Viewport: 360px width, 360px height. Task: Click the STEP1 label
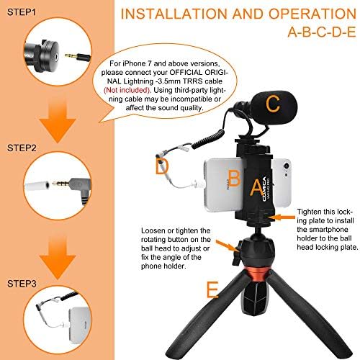click(x=22, y=12)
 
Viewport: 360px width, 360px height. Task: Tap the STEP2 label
click(x=22, y=148)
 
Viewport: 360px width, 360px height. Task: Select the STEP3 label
click(x=22, y=284)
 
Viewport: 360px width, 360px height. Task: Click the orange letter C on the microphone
click(x=273, y=104)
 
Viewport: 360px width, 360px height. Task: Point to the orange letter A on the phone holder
click(x=257, y=187)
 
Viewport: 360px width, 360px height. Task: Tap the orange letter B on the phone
click(x=235, y=178)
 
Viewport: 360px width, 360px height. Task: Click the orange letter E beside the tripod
click(x=212, y=289)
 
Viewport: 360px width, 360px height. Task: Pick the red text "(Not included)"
click(x=127, y=90)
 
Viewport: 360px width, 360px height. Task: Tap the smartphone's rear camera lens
click(x=286, y=166)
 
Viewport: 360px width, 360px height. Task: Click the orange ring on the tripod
click(x=258, y=274)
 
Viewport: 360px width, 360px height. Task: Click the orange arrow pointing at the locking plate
click(x=284, y=217)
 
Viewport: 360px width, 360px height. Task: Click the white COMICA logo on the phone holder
click(x=264, y=189)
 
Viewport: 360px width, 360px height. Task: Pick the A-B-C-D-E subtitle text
click(x=322, y=32)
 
